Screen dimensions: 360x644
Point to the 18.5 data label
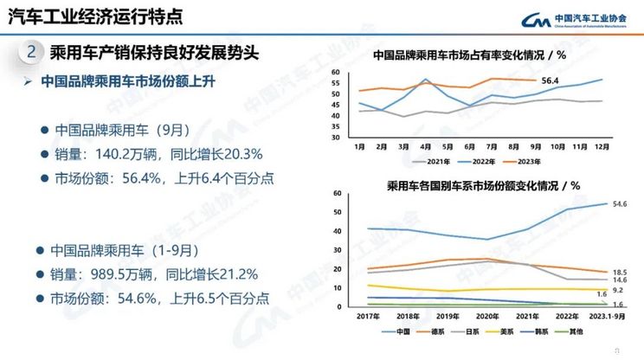point(619,273)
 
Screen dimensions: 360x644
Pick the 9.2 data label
point(619,292)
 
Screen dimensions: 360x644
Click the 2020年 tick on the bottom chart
point(489,318)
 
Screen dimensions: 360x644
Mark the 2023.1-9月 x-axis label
point(596,318)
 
